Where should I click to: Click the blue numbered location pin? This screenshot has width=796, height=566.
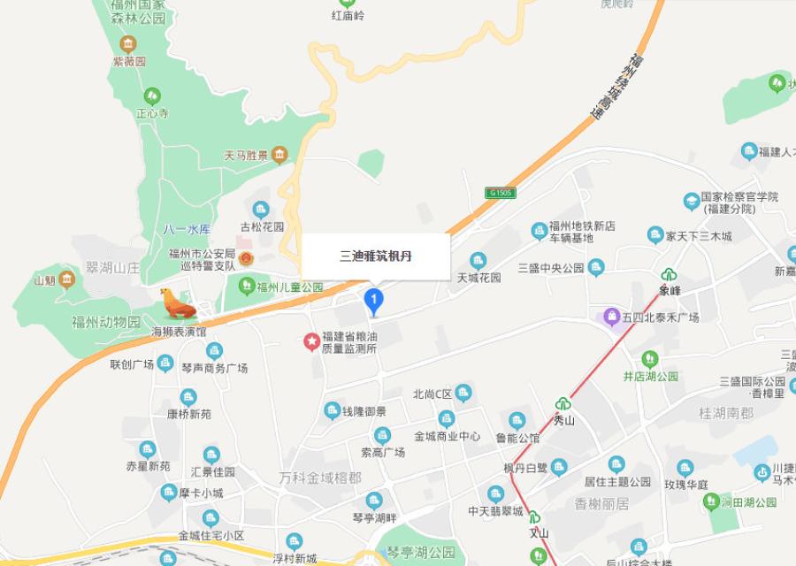click(374, 302)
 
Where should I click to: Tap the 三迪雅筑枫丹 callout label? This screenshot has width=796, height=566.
click(376, 256)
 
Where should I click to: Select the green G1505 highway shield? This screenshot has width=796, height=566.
click(500, 192)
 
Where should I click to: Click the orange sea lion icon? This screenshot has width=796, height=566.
click(177, 304)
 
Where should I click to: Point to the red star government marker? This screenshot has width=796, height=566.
click(311, 340)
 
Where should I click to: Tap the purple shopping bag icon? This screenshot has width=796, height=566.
click(610, 316)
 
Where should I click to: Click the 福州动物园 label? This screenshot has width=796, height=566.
click(106, 322)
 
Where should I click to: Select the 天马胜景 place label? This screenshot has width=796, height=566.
click(246, 156)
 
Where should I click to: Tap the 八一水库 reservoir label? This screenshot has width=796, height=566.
click(187, 229)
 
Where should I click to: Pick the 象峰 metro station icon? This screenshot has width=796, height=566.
click(670, 274)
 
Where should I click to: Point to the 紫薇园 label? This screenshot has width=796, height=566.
click(128, 62)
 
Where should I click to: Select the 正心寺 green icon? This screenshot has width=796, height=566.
click(152, 96)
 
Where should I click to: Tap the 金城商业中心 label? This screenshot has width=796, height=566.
click(447, 436)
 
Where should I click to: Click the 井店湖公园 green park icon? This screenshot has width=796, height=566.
click(650, 359)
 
